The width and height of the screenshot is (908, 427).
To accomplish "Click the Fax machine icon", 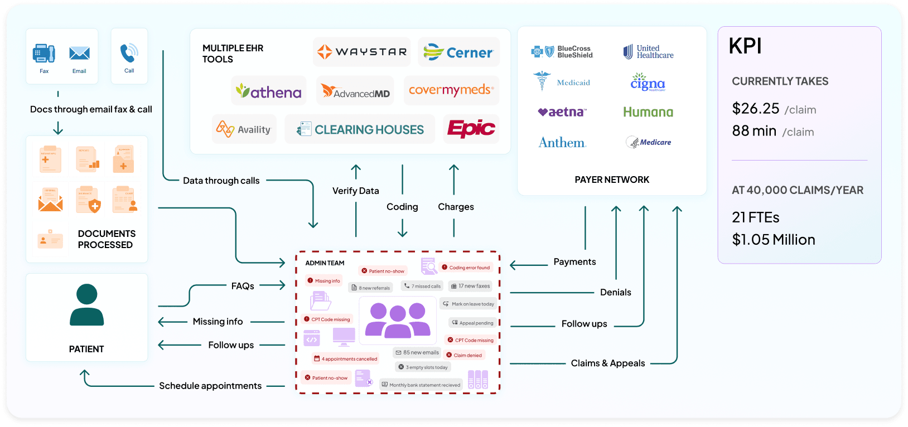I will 44,53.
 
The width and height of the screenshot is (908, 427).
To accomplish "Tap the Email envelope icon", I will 79,53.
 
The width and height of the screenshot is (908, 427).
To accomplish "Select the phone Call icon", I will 129,53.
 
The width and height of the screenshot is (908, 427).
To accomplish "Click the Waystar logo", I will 362,52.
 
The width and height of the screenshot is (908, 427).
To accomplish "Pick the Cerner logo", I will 458,52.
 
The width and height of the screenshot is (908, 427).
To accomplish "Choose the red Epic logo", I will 471,129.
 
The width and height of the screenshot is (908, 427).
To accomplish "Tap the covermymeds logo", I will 451,90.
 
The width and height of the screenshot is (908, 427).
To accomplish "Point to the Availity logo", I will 244,129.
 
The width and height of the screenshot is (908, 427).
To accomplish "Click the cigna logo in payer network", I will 648,83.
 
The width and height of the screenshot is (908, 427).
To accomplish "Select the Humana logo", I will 648,112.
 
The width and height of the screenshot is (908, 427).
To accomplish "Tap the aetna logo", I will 562,112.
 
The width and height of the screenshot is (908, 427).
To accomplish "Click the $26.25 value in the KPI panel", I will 755,108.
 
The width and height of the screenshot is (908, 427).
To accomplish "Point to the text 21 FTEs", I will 755,217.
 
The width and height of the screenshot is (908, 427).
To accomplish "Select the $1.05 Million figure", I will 774,240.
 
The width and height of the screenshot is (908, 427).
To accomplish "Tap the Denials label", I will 615,292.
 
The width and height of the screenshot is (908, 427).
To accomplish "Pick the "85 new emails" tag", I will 417,352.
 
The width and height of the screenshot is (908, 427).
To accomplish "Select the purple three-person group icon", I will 398,320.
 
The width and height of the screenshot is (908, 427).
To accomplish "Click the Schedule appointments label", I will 210,386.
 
